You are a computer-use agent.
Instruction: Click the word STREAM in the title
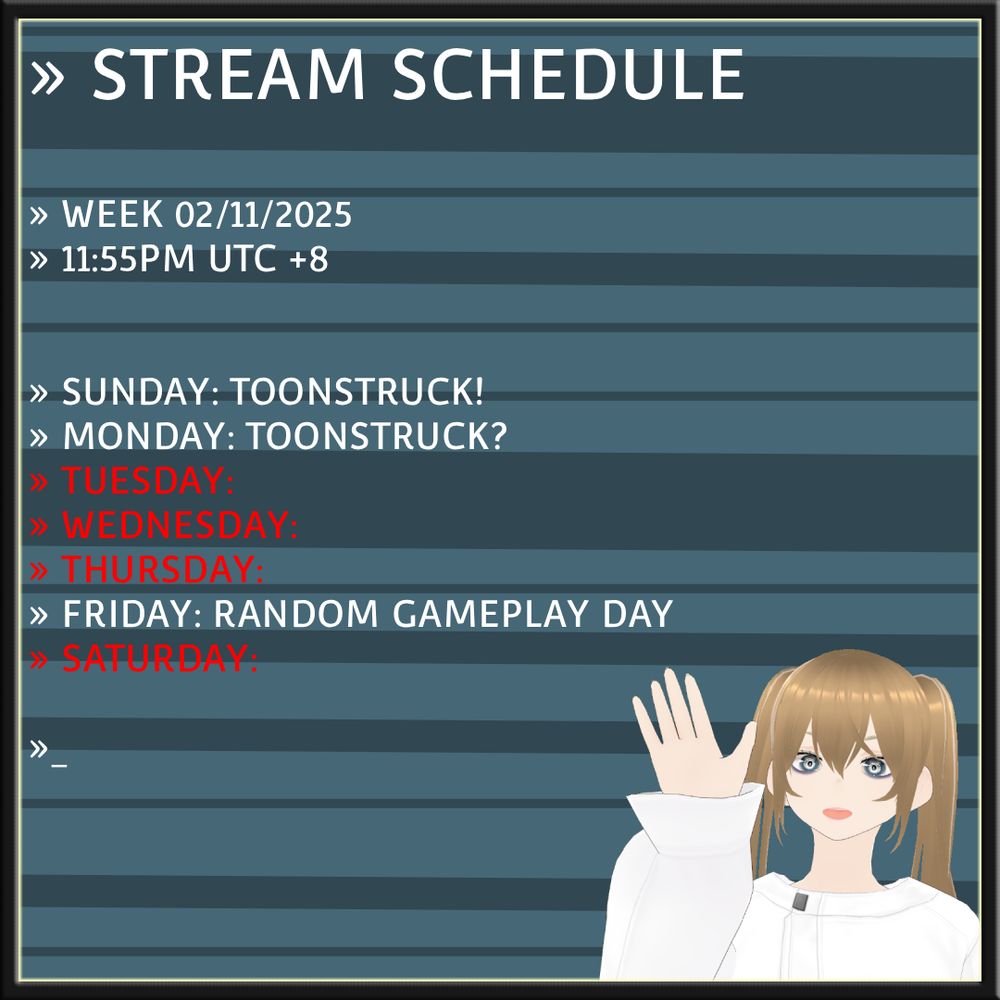pos(228,74)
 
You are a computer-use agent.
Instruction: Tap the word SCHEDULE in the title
pos(568,74)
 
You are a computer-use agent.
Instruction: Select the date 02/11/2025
pos(263,214)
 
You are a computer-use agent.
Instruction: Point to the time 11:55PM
pos(128,259)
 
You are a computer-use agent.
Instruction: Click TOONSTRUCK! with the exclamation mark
pos(357,391)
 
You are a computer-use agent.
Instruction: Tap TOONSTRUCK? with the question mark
pos(376,436)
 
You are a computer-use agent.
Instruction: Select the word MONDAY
pos(145,436)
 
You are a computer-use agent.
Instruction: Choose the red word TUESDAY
pos(143,480)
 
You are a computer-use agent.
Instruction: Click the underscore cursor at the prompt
pos(59,765)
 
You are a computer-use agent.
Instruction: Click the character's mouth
pos(835,813)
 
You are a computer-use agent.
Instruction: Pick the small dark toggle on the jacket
pos(800,901)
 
